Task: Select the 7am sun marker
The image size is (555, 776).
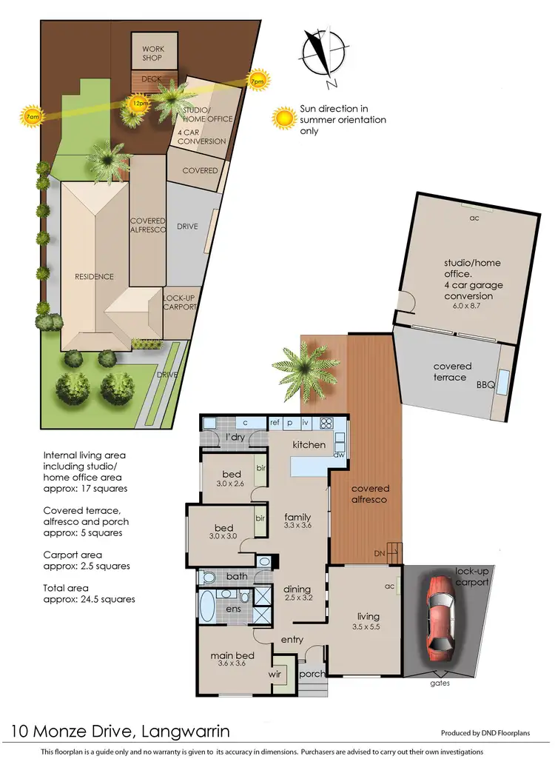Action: point(31,116)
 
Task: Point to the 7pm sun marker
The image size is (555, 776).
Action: point(258,80)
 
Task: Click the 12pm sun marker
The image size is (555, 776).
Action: point(138,103)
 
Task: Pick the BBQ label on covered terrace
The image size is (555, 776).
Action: point(482,386)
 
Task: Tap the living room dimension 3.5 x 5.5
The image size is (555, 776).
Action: point(368,627)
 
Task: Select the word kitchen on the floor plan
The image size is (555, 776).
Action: point(309,444)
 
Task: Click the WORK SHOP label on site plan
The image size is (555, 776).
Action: point(153,54)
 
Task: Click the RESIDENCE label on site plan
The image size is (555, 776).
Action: point(94,276)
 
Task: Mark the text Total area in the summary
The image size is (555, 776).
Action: point(67,588)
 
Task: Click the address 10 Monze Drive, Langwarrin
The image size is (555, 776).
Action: point(120,732)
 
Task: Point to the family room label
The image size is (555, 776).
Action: point(297,517)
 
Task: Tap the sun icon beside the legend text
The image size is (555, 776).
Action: point(283,117)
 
